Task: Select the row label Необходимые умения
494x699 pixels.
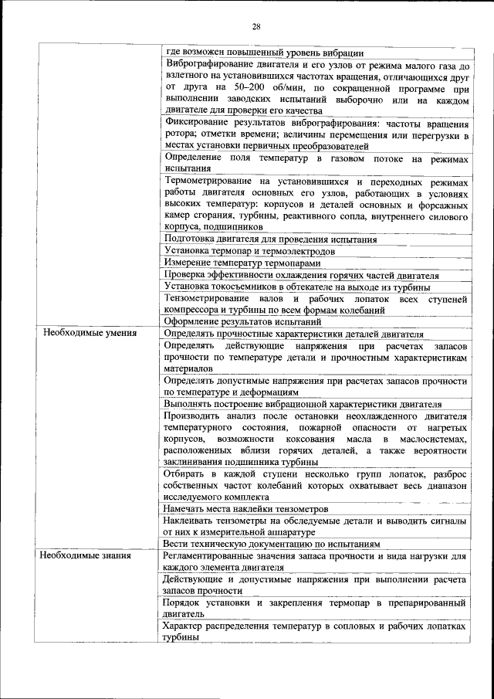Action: click(x=89, y=334)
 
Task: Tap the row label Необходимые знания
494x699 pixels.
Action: click(x=86, y=555)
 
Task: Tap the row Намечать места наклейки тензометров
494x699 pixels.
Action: click(x=246, y=509)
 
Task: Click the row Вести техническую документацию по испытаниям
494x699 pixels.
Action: click(x=272, y=544)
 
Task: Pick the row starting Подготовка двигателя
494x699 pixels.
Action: click(x=270, y=239)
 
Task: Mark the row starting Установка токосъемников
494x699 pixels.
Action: click(x=302, y=287)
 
